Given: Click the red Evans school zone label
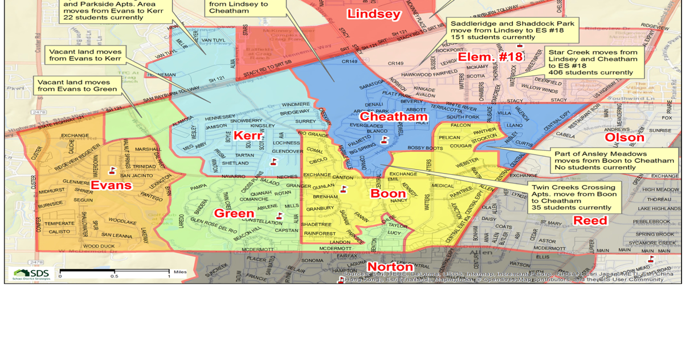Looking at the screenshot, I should point(111,185).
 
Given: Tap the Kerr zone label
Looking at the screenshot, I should point(248,136).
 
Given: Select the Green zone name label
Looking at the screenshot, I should point(234,213).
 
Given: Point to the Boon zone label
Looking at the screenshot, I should point(388,193).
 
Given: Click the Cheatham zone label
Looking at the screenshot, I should point(393,117).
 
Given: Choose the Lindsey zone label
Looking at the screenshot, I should point(374,14).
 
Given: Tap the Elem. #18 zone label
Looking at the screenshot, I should point(491,57).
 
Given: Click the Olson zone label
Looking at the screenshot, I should point(624,137).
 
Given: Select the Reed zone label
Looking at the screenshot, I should point(590,220).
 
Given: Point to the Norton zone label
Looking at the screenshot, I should point(390,267).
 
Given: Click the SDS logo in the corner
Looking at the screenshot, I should point(32,273).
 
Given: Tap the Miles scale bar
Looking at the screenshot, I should point(114,272).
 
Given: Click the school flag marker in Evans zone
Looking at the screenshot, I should point(112,170).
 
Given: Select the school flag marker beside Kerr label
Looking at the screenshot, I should point(273,162).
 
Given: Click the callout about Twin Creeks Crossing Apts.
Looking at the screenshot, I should point(573,197).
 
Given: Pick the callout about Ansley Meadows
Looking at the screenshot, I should point(614,160).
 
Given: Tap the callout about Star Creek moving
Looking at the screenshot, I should point(593,62).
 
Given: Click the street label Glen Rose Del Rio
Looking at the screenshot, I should point(213,225).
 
